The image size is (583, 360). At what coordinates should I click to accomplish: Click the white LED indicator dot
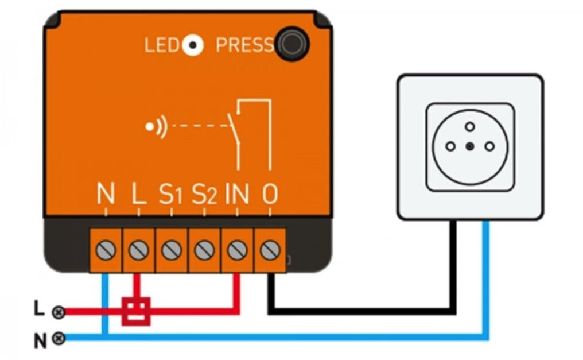pyautogui.click(x=192, y=45)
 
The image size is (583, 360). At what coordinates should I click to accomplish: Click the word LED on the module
pyautogui.click(x=162, y=45)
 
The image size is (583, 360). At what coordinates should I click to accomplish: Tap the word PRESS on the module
pyautogui.click(x=244, y=45)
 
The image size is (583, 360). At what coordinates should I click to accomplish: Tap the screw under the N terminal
pyautogui.click(x=106, y=250)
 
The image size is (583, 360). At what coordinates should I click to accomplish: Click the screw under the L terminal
pyautogui.click(x=138, y=250)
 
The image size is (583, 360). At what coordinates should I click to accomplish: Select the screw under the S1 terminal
pyautogui.click(x=171, y=250)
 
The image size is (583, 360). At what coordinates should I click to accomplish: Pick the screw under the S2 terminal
pyautogui.click(x=204, y=250)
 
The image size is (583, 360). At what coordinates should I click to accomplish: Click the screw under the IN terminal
pyautogui.click(x=237, y=250)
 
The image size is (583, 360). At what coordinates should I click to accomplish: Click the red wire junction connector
pyautogui.click(x=136, y=311)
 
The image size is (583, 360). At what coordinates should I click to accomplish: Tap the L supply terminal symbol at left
pyautogui.click(x=57, y=312)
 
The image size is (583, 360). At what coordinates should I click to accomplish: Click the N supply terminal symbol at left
pyautogui.click(x=58, y=339)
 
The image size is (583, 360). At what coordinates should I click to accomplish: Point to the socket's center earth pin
pyautogui.click(x=470, y=146)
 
